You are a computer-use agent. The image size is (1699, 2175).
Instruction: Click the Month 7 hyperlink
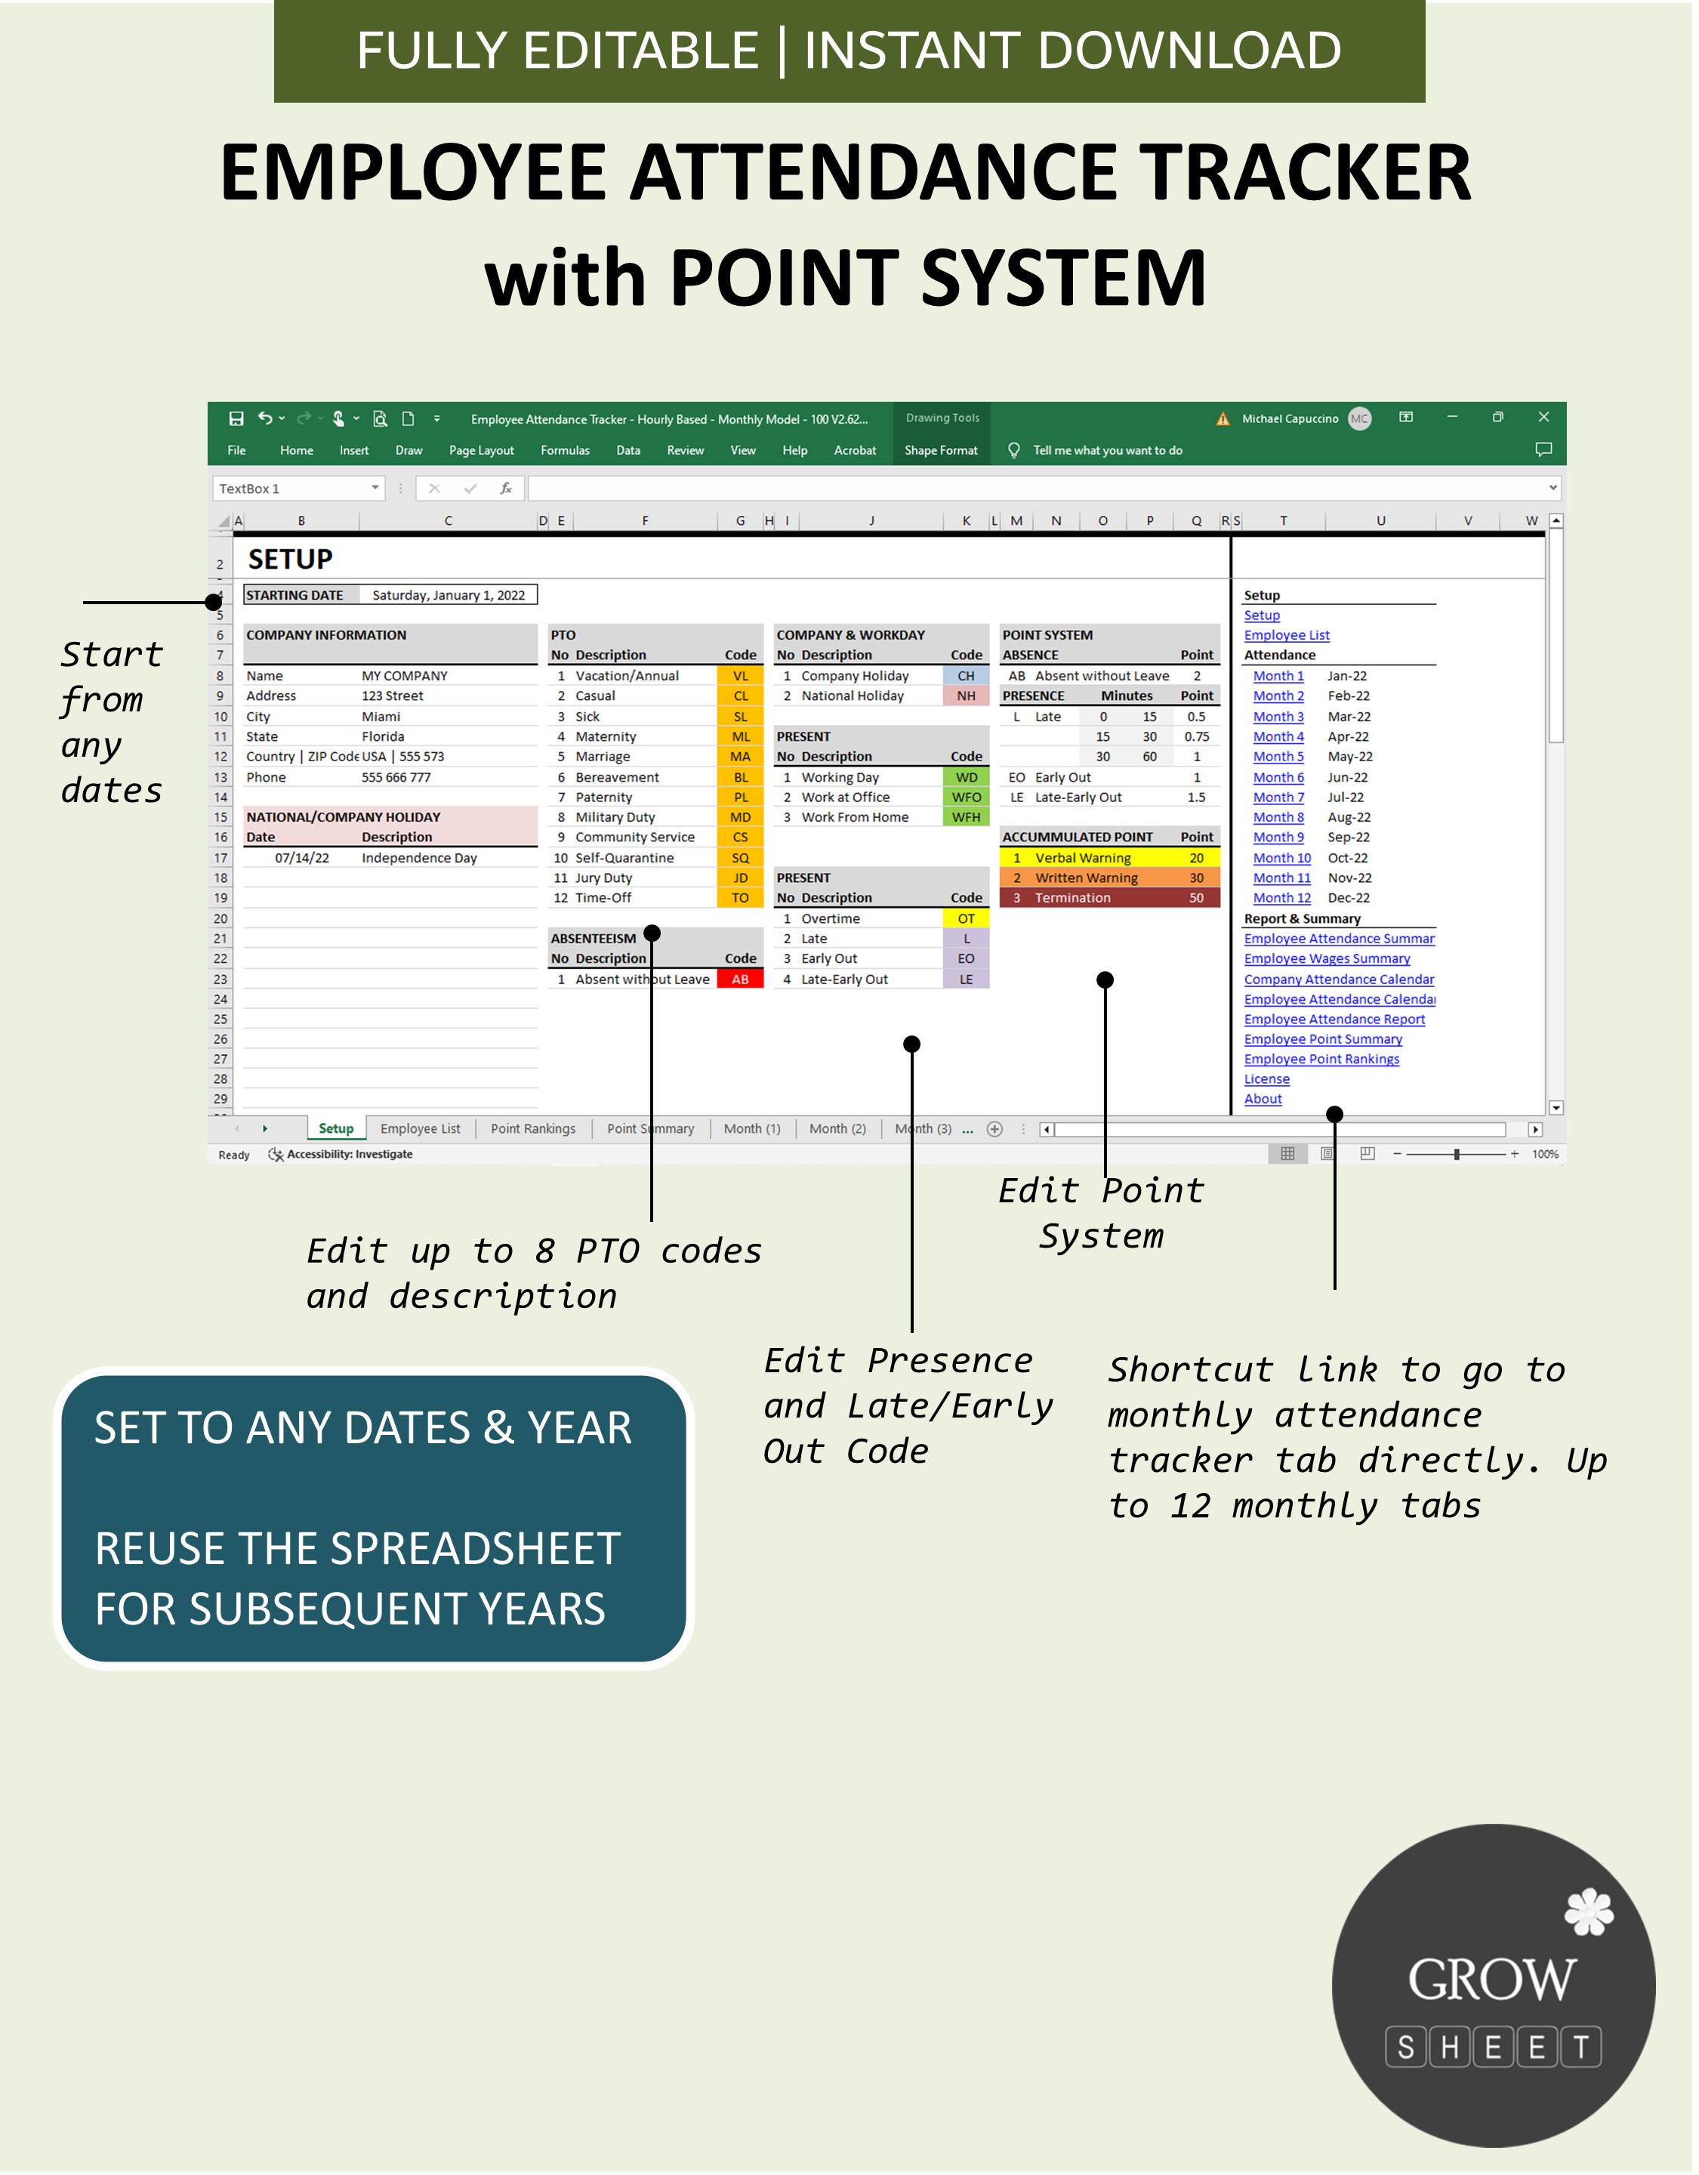click(1278, 797)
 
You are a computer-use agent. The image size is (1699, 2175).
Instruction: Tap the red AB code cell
click(740, 980)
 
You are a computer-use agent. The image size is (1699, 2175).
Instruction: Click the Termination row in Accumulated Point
click(1072, 898)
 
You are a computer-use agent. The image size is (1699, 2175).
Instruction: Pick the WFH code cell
click(966, 818)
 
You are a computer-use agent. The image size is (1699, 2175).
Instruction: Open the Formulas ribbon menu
click(565, 451)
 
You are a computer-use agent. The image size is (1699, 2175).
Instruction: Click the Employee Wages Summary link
click(1327, 959)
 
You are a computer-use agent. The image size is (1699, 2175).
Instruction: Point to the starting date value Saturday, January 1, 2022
click(448, 596)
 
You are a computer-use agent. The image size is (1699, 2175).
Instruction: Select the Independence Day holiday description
click(419, 859)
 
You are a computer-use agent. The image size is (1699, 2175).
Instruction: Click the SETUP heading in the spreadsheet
click(290, 560)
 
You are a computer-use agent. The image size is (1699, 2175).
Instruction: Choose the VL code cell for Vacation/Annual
click(740, 676)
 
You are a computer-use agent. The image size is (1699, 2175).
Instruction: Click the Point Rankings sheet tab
click(533, 1128)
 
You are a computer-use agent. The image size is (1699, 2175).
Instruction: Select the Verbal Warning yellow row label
click(1083, 859)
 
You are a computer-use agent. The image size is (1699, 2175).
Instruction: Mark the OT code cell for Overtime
click(966, 919)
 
